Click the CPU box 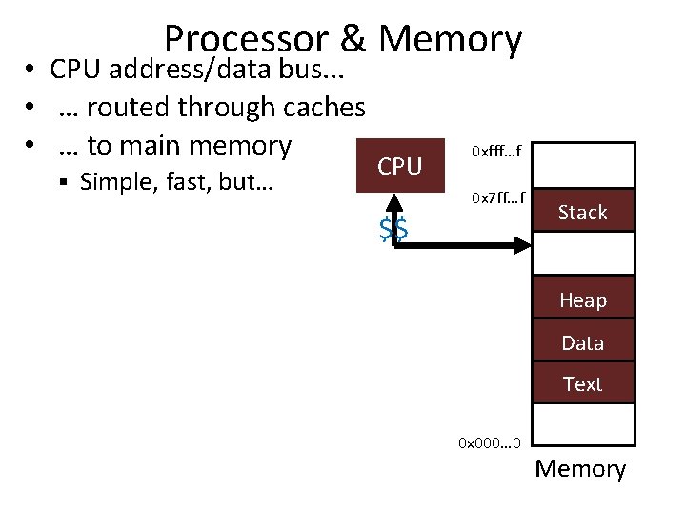point(400,166)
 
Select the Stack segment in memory point(583,210)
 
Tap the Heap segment point(583,297)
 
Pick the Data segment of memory point(583,340)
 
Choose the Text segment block point(583,381)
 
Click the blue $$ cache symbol point(393,229)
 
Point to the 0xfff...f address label point(496,151)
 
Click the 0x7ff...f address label point(498,198)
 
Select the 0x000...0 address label point(490,443)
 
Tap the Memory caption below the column point(580,469)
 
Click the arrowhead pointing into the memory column point(523,245)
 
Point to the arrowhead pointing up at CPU point(394,203)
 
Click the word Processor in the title point(247,39)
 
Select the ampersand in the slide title point(353,38)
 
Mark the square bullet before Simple point(64,182)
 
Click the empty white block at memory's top point(583,165)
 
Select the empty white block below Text point(583,424)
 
